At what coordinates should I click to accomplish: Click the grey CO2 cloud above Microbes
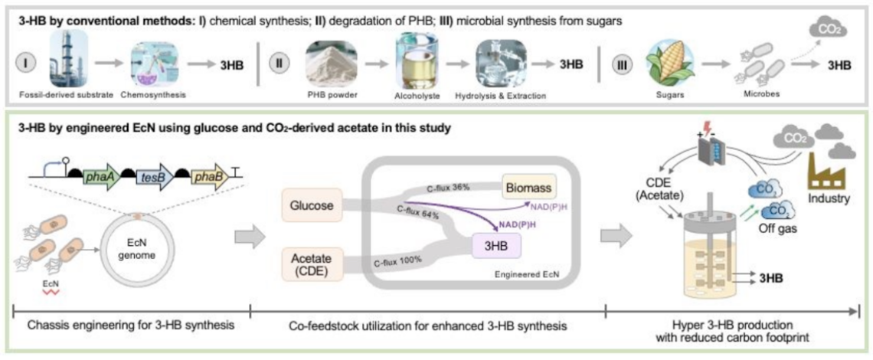pos(828,28)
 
